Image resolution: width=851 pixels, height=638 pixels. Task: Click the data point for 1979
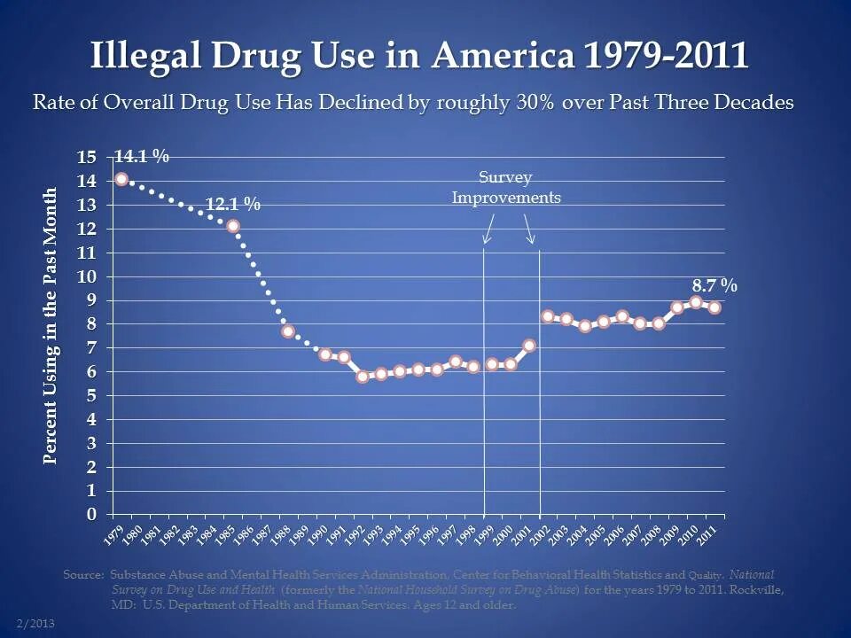[x=121, y=179]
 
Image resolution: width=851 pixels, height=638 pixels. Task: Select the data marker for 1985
[x=233, y=226]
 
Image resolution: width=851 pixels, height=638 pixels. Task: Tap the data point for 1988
[x=288, y=331]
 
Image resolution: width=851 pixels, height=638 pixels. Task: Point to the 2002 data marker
[x=548, y=316]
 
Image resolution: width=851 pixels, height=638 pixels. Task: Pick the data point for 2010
[x=696, y=302]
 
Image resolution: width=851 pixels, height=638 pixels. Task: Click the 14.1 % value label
[x=142, y=156]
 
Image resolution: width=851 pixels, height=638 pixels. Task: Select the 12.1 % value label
[x=233, y=204]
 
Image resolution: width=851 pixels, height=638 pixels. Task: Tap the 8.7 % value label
[x=714, y=285]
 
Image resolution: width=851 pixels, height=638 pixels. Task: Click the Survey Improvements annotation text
[x=506, y=188]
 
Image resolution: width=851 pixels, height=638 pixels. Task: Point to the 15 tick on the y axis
[x=86, y=158]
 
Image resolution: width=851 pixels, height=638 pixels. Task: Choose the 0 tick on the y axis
[x=90, y=515]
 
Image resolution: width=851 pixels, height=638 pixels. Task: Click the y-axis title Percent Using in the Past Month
[x=51, y=325]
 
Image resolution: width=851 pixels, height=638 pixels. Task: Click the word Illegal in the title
[x=144, y=56]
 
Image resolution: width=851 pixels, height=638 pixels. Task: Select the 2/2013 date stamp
[x=36, y=624]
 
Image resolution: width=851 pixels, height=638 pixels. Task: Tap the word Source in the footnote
[x=82, y=574]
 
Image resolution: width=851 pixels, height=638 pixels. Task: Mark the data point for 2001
[x=529, y=346]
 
